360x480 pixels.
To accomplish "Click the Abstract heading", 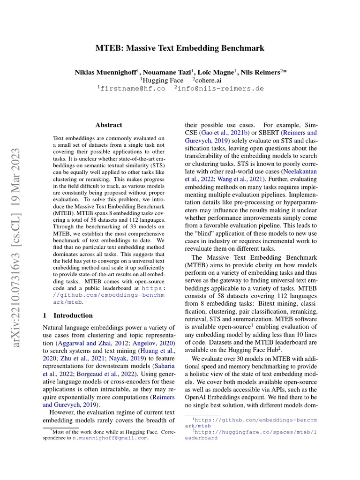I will tap(108, 125).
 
